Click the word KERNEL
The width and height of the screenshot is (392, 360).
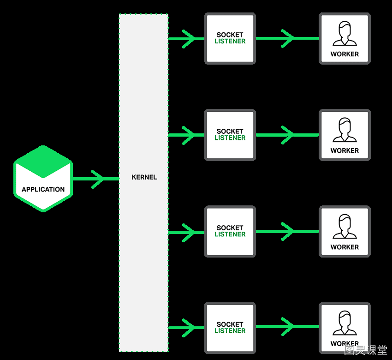144,177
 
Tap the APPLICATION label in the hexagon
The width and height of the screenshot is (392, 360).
43,189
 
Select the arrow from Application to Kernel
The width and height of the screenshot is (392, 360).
96,179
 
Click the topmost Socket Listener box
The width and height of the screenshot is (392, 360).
230,38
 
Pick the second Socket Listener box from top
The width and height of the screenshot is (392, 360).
230,135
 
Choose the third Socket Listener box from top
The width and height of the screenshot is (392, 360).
230,232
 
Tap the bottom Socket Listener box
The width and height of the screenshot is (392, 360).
230,328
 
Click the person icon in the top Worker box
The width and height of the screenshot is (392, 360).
345,34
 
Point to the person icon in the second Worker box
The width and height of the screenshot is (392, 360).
345,130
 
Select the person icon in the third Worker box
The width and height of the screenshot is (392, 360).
345,227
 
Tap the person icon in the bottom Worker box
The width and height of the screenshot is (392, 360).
345,323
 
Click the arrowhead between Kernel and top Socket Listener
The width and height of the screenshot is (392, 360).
189,39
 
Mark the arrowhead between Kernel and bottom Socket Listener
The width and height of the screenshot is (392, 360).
189,328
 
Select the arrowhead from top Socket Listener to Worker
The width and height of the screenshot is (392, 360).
288,38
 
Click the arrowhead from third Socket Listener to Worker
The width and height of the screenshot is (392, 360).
288,231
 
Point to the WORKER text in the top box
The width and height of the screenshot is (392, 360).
344,54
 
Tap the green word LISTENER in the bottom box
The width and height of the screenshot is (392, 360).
230,331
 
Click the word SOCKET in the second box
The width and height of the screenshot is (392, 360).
230,132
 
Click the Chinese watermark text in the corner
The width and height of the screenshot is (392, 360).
366,350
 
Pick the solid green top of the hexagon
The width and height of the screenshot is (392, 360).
43,162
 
